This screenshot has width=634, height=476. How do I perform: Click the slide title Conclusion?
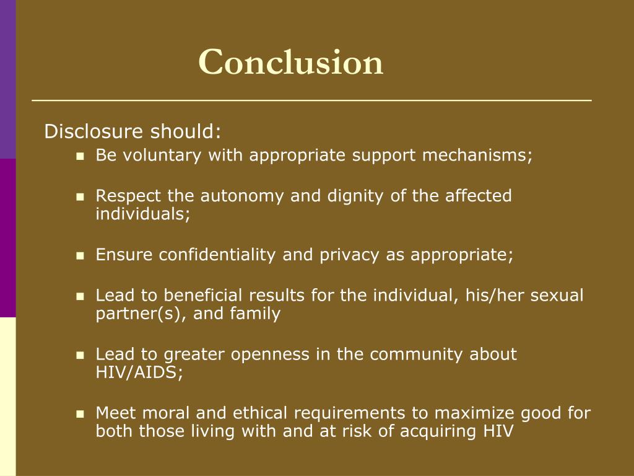pos(291,63)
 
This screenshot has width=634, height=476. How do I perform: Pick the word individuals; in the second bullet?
pos(143,214)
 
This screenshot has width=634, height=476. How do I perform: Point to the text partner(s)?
pos(142,314)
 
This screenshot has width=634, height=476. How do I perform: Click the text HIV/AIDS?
pos(139,373)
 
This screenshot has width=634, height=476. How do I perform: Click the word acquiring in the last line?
pos(425,431)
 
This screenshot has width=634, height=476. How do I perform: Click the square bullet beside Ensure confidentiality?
pos(80,255)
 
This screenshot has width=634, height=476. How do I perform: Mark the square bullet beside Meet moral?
pos(80,413)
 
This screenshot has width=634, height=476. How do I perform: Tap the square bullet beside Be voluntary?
pos(80,156)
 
